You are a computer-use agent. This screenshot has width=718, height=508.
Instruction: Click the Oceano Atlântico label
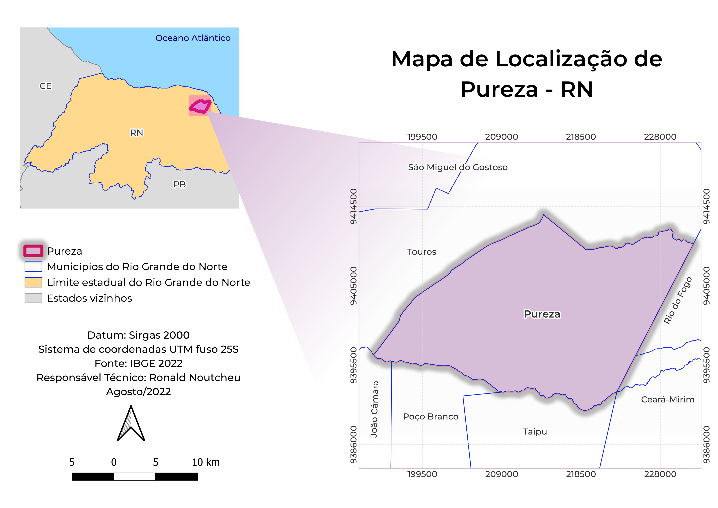(193, 38)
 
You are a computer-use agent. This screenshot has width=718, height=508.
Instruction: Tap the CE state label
(45, 86)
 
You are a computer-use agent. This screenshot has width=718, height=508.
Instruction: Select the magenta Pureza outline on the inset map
(200, 106)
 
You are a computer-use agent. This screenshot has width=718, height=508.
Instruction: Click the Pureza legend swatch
(33, 251)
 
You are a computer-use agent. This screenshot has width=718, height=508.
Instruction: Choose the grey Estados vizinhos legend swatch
(33, 298)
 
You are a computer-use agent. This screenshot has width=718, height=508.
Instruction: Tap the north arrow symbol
(131, 424)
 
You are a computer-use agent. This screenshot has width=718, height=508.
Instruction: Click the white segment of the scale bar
(135, 476)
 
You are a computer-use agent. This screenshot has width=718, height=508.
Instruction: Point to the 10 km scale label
(206, 462)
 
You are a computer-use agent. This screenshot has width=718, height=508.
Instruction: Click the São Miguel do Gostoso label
(458, 167)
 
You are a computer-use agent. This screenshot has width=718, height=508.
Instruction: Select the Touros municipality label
(422, 252)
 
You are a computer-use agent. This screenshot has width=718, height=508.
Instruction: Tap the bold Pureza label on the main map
(542, 314)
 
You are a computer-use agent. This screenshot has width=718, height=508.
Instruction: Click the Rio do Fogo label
(678, 300)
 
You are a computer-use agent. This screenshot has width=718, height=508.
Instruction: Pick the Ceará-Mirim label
(668, 399)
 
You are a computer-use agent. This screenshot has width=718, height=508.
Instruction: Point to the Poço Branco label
(431, 417)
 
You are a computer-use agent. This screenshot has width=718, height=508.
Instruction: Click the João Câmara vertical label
(374, 409)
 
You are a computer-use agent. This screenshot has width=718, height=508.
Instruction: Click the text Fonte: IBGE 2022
(139, 363)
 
